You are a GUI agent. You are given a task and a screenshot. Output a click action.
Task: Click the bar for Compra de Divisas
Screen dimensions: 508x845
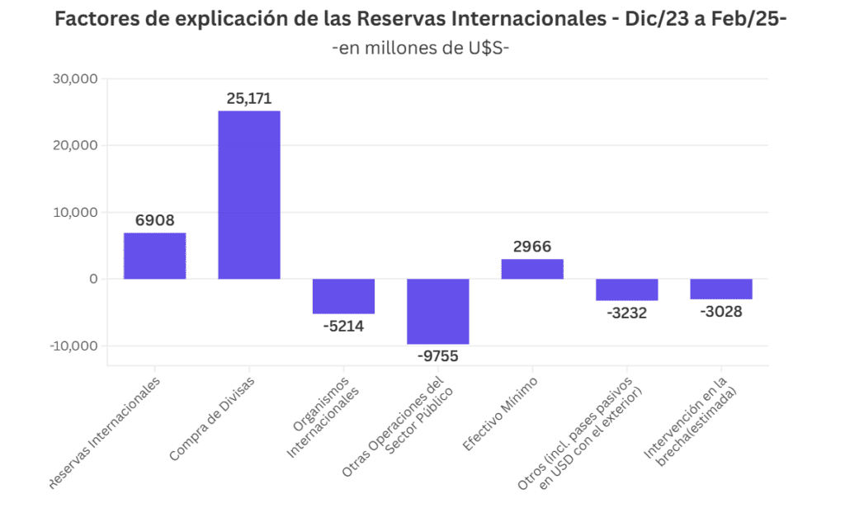[248, 195]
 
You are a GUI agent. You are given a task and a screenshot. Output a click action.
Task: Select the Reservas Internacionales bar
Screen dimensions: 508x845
[154, 256]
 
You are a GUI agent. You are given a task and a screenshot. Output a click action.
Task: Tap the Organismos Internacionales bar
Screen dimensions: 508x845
[343, 296]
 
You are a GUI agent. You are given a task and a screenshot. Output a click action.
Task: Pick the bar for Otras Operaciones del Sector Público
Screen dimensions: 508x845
[437, 311]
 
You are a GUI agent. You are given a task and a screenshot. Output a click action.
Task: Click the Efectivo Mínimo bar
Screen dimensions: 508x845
[532, 269]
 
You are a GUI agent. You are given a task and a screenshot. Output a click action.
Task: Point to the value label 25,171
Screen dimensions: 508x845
[249, 99]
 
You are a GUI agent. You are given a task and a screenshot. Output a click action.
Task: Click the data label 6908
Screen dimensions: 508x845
[154, 221]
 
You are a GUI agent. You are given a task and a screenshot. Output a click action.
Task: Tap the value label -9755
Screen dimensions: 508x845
[437, 356]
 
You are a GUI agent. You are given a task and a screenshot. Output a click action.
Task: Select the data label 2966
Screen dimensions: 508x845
[532, 247]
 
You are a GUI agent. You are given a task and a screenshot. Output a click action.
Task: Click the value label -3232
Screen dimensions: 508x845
[626, 313]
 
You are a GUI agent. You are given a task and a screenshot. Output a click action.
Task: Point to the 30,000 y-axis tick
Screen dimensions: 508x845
[75, 79]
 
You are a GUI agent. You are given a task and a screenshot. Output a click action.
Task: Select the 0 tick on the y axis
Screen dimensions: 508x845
[93, 279]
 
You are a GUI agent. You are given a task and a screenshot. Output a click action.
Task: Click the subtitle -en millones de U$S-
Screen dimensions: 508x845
[421, 48]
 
